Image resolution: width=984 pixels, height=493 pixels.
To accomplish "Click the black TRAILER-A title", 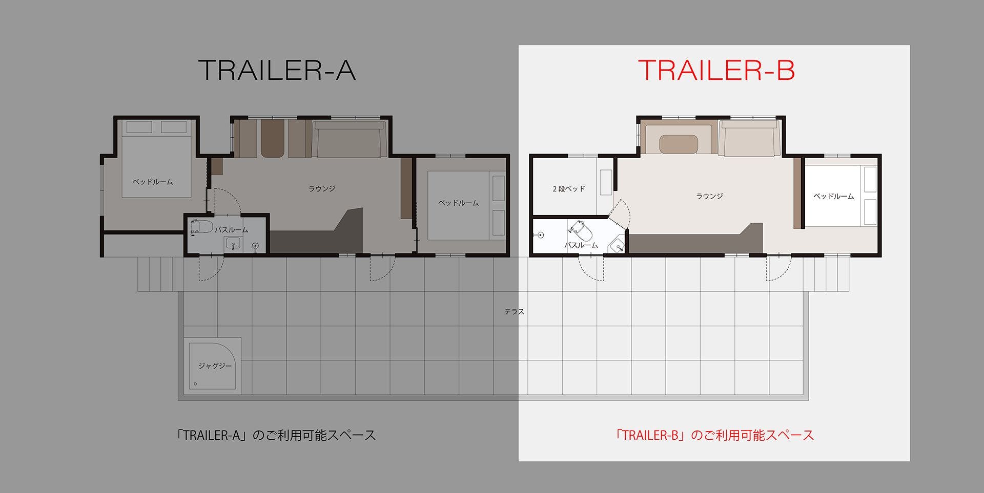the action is pos(277,70).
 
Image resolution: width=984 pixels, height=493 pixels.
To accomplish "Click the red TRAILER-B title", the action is pos(716,70).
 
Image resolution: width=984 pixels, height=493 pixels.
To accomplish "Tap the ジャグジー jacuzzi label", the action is pos(215,366).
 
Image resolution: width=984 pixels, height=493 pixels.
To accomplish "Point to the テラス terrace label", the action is pos(514,311).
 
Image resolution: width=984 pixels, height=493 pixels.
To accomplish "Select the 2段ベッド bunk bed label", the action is pos(569,189).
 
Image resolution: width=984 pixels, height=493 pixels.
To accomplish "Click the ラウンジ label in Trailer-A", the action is pos(322,189).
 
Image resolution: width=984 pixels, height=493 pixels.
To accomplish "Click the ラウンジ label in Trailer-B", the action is pos(710,196).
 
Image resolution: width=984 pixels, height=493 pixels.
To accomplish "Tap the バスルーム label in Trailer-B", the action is pos(581,245).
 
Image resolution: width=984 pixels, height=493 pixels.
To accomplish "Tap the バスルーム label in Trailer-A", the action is pos(232,230).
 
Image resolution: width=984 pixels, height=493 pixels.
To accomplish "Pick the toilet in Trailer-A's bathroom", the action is pos(201,227).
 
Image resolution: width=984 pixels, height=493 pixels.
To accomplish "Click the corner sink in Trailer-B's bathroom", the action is pos(617,246).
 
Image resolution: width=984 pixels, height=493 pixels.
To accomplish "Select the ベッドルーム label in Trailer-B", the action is pos(834,196).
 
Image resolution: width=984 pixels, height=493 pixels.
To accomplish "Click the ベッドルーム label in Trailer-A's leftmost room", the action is pos(153,182).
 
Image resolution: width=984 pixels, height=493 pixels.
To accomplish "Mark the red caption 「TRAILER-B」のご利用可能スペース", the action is pos(715,435).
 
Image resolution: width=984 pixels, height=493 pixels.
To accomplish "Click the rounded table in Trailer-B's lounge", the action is pos(679,144).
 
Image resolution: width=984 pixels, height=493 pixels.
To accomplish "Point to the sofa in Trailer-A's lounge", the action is pos(349,139).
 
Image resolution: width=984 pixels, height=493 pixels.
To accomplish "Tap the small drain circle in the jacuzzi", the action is pos(195,384).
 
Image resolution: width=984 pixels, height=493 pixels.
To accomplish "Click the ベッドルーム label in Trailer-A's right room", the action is pos(459,203).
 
